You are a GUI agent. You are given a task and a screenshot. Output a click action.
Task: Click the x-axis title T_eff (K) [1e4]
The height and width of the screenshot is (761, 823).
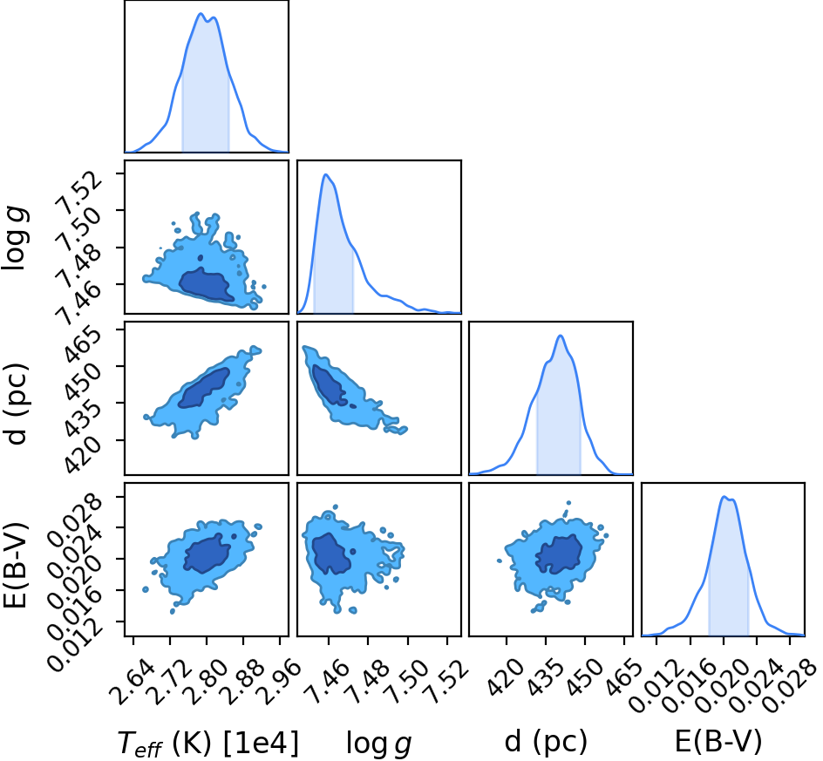coord(208,744)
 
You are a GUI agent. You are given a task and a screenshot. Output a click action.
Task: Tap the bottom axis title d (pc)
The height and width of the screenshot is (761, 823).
coord(546,743)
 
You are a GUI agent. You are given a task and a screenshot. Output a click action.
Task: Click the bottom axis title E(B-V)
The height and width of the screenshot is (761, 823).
coord(718,742)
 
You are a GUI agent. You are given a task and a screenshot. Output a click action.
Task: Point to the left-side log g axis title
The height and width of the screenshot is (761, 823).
coord(15,238)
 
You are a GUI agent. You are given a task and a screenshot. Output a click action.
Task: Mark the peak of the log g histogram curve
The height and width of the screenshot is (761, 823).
coord(325,174)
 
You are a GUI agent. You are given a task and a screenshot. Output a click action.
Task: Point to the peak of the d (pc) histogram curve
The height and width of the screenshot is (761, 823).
coord(560,336)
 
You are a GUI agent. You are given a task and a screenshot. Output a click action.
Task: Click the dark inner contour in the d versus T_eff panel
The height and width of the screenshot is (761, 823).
coord(205,387)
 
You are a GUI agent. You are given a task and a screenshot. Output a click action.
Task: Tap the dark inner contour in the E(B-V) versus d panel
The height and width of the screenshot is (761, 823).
coord(559,554)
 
